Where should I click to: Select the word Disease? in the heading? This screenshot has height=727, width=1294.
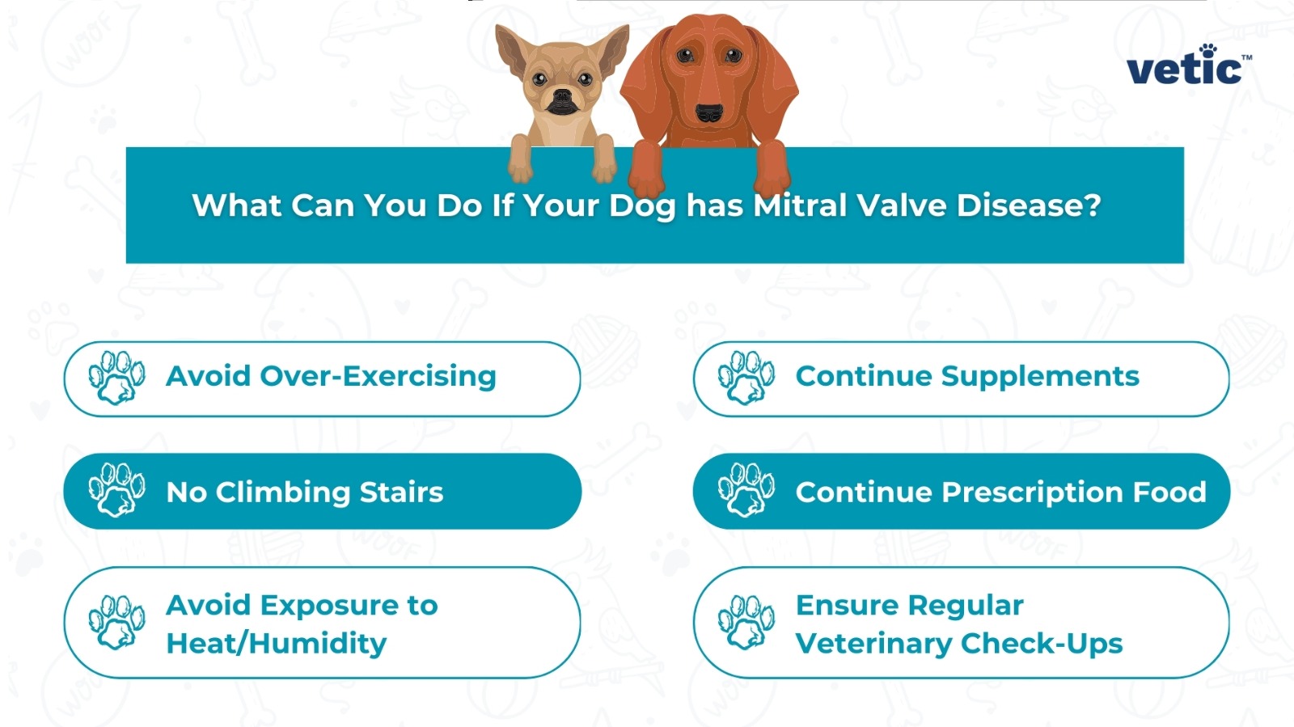click(x=1029, y=205)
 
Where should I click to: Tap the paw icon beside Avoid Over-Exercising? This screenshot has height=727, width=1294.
click(x=116, y=378)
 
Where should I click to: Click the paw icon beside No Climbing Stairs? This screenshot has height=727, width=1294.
click(x=116, y=490)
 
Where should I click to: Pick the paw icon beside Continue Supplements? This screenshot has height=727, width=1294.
click(x=746, y=378)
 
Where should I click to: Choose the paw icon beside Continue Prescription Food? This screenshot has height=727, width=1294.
click(x=746, y=490)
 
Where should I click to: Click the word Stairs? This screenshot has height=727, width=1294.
click(x=401, y=492)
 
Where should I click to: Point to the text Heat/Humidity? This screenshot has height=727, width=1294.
click(x=276, y=644)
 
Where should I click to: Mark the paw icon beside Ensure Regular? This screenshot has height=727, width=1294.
click(x=746, y=622)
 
